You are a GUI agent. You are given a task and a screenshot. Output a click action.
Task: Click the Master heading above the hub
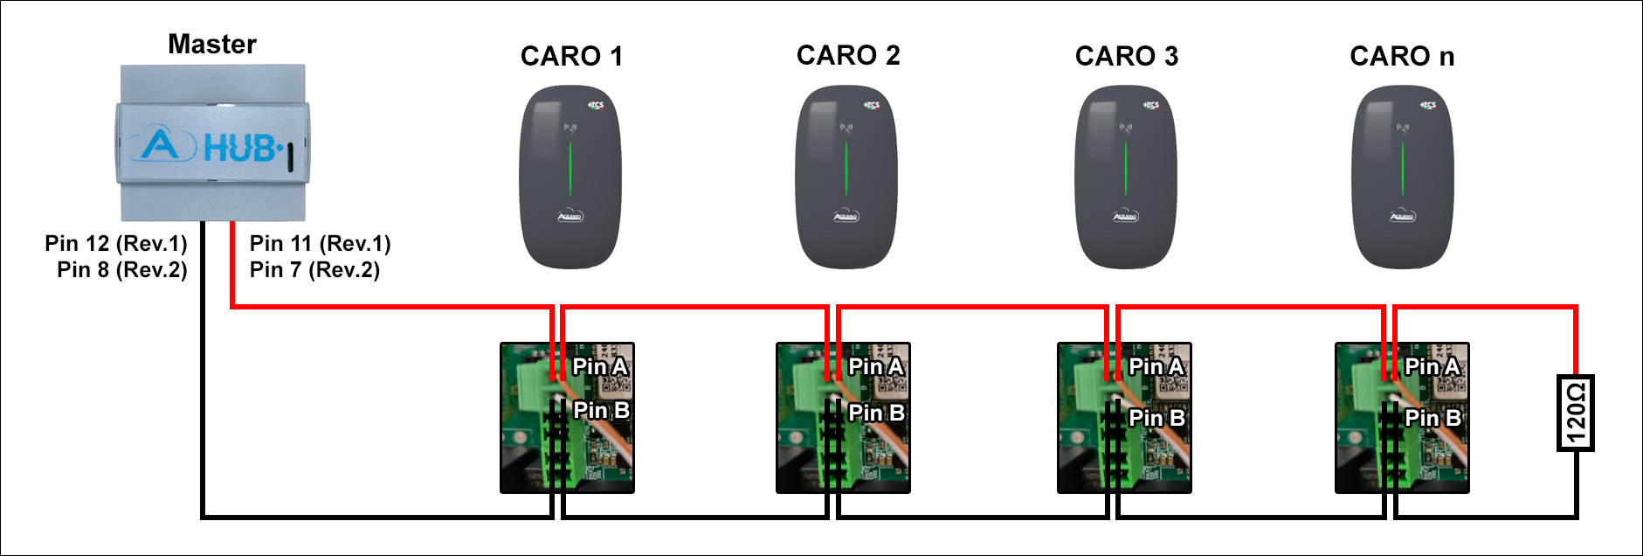[x=212, y=45]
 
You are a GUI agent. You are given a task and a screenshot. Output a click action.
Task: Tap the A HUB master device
[x=212, y=142]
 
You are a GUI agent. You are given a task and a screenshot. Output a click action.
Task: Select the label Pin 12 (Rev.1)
[x=116, y=243]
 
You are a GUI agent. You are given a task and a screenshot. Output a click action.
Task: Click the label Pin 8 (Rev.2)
[x=122, y=269]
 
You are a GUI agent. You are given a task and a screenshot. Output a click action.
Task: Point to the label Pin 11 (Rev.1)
[x=320, y=243]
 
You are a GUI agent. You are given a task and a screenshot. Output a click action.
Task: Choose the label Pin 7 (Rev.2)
[x=314, y=269]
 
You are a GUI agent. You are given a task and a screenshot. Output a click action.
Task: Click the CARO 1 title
[x=571, y=57]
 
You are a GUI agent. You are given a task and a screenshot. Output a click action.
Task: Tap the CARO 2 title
[x=848, y=56]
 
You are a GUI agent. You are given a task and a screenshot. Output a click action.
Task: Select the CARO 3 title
[x=1127, y=57]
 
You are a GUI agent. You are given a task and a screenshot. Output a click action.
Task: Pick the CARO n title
[x=1402, y=57]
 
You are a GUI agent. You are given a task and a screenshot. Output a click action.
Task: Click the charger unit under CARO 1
[x=570, y=177]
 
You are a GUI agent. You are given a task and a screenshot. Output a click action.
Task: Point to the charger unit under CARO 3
[x=1126, y=177]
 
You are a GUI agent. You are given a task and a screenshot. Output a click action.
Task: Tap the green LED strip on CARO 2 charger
[x=846, y=168]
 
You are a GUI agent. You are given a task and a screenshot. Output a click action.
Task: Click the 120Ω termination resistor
[x=1576, y=413]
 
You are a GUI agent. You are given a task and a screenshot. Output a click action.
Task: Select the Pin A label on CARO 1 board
[x=600, y=366]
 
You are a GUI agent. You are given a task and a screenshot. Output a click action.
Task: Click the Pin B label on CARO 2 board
[x=876, y=413]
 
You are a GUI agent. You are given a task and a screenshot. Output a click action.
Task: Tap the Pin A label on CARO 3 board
[x=1156, y=366]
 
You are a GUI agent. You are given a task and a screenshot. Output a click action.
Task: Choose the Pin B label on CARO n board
[x=1432, y=418]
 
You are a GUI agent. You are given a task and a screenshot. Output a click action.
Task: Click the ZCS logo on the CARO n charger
[x=1428, y=105]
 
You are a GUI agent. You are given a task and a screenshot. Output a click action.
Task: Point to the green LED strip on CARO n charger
[x=1402, y=168]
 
